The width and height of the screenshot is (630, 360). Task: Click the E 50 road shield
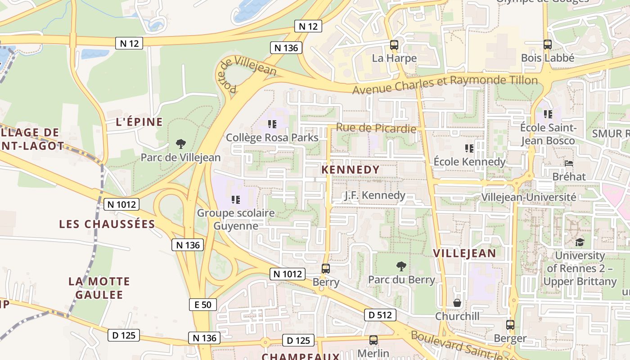click(x=202, y=305)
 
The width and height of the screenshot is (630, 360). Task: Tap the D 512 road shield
click(x=380, y=315)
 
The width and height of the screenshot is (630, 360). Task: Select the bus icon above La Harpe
click(x=394, y=45)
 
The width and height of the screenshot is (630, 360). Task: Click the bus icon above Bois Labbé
click(x=547, y=45)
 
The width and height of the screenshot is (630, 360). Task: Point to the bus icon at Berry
click(x=326, y=269)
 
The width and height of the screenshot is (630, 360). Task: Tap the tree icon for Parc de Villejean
click(x=181, y=144)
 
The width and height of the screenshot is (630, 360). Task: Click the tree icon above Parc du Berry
click(x=401, y=266)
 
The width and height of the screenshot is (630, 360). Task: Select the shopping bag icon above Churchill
click(x=457, y=303)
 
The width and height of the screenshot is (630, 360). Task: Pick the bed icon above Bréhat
click(x=569, y=163)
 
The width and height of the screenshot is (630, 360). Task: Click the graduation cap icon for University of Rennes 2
click(x=580, y=242)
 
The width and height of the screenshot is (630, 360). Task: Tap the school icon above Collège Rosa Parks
click(x=272, y=124)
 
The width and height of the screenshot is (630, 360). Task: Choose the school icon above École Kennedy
click(x=469, y=148)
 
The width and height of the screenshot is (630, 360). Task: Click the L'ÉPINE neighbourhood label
click(x=139, y=122)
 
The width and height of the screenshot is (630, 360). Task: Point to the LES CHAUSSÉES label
click(x=107, y=224)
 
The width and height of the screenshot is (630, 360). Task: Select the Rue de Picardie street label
click(x=376, y=128)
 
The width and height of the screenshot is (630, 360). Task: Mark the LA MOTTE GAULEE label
click(x=99, y=288)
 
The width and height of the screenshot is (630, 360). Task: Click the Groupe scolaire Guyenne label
click(x=235, y=219)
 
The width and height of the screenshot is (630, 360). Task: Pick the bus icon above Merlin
click(x=373, y=340)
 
